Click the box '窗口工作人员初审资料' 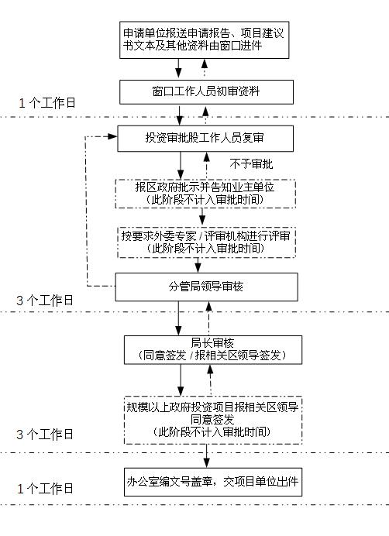click(x=206, y=92)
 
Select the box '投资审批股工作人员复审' click(x=205, y=139)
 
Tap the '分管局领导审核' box click(x=206, y=287)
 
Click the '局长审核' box click(x=213, y=349)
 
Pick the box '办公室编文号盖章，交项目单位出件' click(x=213, y=482)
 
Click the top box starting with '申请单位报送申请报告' click(x=205, y=40)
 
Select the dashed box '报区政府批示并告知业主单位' click(x=205, y=194)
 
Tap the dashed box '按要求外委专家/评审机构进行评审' click(x=206, y=242)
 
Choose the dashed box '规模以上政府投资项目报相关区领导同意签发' click(x=213, y=420)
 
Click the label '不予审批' click(x=252, y=164)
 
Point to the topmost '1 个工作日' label click(x=46, y=103)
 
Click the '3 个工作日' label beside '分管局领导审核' click(x=45, y=301)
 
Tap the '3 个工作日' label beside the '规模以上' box click(x=45, y=435)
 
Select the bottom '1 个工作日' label click(x=46, y=489)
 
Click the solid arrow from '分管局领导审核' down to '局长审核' click(x=178, y=318)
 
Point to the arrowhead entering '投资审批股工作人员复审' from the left click(x=112, y=136)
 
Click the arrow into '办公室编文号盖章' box click(x=206, y=456)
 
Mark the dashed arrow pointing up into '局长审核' click(x=211, y=380)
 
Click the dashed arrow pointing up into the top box click(x=205, y=68)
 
